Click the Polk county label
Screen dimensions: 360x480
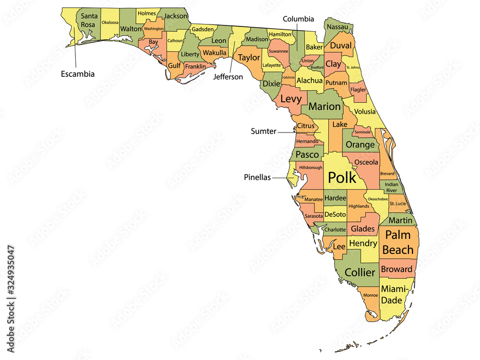[x=342, y=177]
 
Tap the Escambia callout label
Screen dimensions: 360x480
[x=77, y=74]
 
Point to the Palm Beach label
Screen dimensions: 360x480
[x=398, y=242]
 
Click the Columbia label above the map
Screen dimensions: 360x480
[x=298, y=19]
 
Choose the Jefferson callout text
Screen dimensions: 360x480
[x=228, y=76]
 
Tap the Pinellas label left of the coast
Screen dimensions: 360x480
[x=257, y=177]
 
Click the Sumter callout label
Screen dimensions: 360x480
[x=264, y=131]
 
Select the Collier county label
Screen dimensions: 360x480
[x=360, y=272]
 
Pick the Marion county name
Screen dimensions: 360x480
[x=324, y=107]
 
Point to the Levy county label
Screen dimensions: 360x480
[x=291, y=99]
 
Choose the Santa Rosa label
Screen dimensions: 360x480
[x=89, y=20]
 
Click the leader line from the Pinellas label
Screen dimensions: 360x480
[x=281, y=177]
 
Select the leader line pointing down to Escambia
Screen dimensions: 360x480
[x=76, y=55]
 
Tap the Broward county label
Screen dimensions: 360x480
[x=396, y=269]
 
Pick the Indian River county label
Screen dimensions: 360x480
[x=391, y=187]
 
